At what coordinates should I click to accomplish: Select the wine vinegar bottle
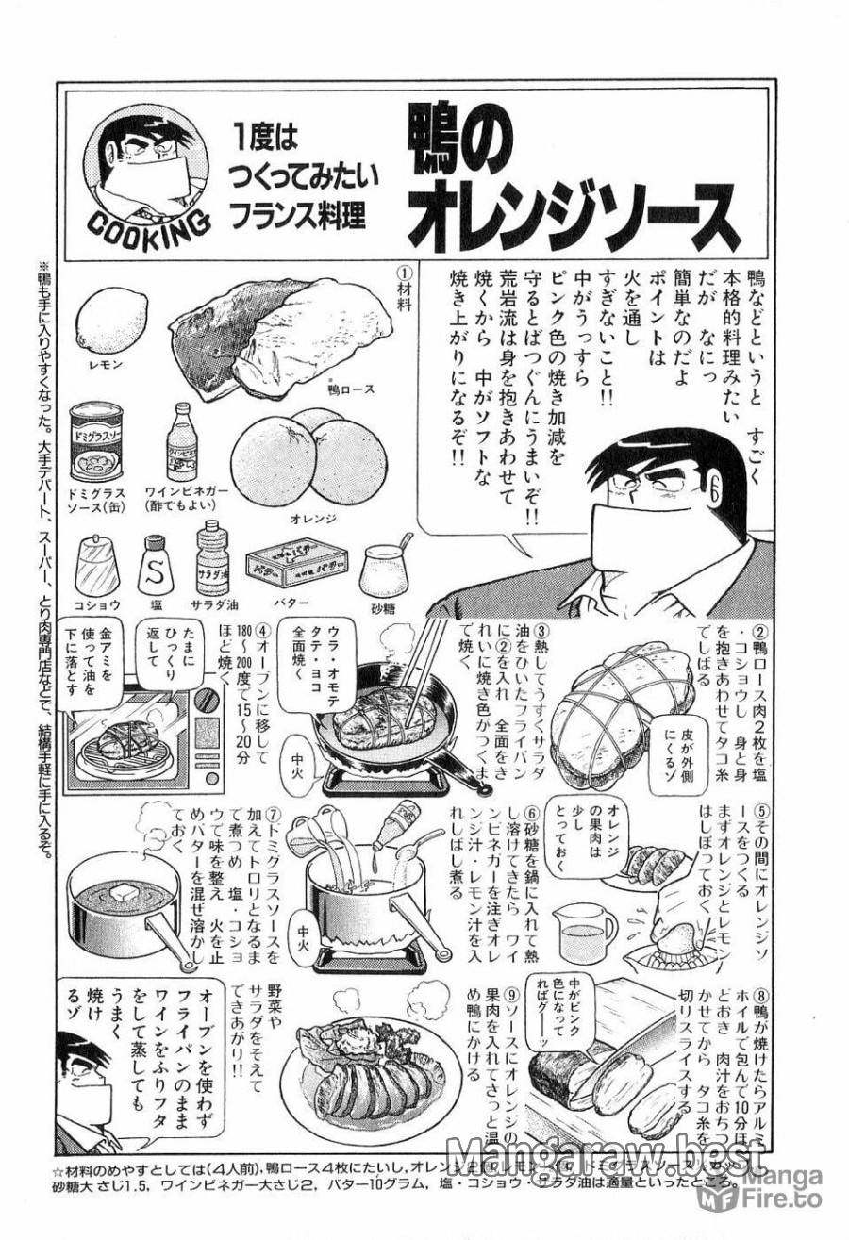coord(180,444)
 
